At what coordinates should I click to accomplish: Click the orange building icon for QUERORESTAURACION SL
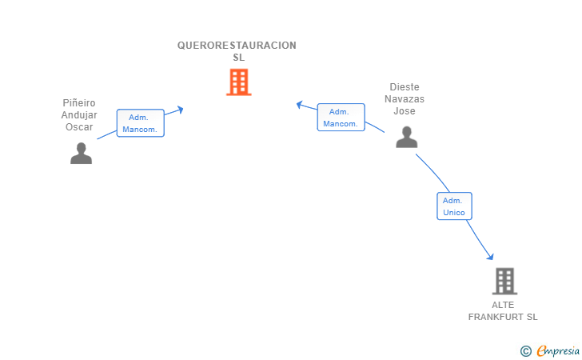(x=239, y=82)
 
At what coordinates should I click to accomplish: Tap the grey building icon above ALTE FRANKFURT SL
(x=504, y=281)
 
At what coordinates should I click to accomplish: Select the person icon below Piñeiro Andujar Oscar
(x=81, y=153)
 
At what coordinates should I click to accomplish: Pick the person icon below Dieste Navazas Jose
(x=406, y=137)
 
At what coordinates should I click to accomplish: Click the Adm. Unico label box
(x=454, y=206)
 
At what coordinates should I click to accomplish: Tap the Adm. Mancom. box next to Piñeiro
(x=141, y=123)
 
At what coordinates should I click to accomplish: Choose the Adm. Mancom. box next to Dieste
(x=341, y=118)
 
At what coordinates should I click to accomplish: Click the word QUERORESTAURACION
(x=237, y=46)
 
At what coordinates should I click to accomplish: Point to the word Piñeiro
(x=79, y=103)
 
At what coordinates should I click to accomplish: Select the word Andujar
(x=79, y=115)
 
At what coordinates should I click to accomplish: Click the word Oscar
(x=79, y=127)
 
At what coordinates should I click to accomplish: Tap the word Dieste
(x=405, y=87)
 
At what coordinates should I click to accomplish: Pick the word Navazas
(x=405, y=99)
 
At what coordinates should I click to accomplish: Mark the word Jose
(x=405, y=111)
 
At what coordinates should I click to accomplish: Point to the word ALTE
(x=503, y=305)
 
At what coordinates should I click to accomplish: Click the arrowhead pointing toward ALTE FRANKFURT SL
(x=490, y=256)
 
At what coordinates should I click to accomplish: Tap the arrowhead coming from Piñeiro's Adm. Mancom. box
(x=180, y=110)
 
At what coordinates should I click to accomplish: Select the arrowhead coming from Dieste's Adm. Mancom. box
(x=300, y=104)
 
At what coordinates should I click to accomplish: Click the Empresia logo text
(x=558, y=350)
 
